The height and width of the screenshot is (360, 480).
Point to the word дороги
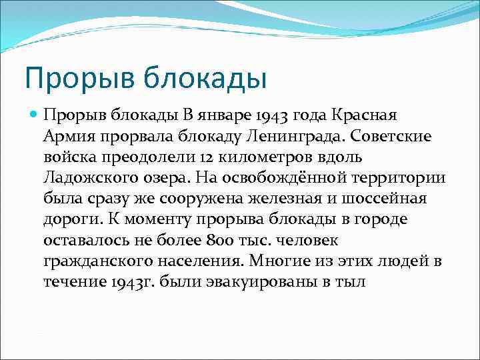(x=68, y=219)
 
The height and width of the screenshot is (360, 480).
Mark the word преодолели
(x=141, y=157)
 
